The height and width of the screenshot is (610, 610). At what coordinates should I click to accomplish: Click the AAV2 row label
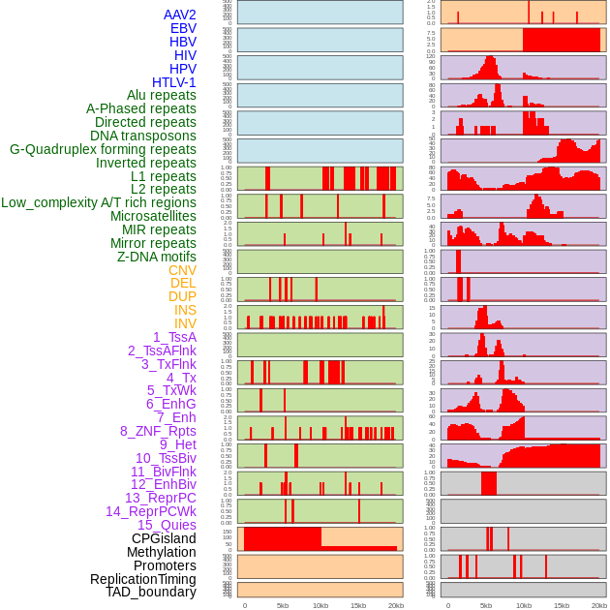(179, 15)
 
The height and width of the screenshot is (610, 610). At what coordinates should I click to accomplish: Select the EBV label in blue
(183, 28)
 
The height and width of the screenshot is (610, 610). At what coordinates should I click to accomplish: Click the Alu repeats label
(161, 95)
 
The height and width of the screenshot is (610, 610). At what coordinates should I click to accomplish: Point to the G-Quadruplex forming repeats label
(103, 149)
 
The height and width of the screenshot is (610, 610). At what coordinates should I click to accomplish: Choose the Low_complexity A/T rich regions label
(99, 202)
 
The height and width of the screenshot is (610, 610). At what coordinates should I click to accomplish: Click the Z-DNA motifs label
(156, 257)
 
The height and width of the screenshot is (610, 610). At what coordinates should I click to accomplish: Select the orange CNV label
(182, 270)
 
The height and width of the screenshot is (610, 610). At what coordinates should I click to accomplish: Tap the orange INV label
(185, 323)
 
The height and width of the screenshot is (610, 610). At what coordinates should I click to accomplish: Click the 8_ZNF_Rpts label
(158, 431)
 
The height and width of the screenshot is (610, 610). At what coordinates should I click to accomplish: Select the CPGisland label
(164, 538)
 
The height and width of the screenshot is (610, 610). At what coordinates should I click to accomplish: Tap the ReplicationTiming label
(142, 579)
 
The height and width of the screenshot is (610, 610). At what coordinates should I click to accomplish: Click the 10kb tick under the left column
(320, 605)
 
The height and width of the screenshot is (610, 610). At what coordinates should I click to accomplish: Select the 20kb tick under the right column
(599, 605)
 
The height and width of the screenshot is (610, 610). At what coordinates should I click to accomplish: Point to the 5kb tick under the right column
(485, 605)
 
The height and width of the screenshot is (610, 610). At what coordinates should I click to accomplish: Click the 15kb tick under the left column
(357, 605)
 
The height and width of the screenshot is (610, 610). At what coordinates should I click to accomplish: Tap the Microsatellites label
(153, 216)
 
